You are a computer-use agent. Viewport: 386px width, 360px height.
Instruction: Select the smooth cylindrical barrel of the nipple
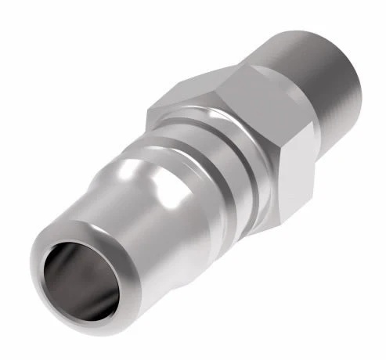pos(117,250)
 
